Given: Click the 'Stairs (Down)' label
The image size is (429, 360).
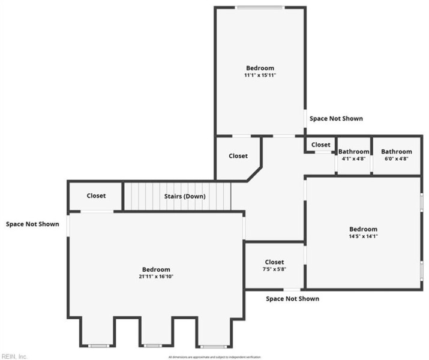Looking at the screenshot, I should (x=185, y=196).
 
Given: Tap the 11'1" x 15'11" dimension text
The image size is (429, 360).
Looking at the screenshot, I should (x=260, y=76).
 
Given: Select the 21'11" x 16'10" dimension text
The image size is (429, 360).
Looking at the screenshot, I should (x=156, y=277).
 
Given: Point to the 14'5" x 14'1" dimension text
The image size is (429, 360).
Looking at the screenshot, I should (x=364, y=236).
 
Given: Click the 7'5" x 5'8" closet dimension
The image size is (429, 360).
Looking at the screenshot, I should (x=274, y=269).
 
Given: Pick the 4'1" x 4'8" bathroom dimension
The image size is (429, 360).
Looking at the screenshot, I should (x=353, y=158).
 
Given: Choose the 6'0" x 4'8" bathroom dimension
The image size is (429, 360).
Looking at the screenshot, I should (x=396, y=158).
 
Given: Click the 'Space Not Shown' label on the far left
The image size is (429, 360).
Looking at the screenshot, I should (x=32, y=224).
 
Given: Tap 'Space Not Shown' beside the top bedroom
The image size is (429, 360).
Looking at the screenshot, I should (x=336, y=119).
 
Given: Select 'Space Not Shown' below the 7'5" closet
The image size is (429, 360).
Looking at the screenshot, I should (x=292, y=299).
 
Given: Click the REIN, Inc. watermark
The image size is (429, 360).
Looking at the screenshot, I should (x=14, y=356).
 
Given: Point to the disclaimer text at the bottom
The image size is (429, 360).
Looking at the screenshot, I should (x=215, y=357).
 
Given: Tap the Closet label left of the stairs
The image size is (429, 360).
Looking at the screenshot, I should (x=96, y=196).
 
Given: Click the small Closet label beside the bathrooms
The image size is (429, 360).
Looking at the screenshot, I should (x=320, y=145).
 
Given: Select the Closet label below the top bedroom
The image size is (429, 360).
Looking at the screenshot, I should (x=238, y=156).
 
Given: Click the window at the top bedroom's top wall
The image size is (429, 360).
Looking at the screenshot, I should (x=260, y=8).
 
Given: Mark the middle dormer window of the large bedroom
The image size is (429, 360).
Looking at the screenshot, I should (x=153, y=346).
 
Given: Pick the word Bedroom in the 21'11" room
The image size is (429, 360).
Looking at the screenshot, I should (x=156, y=269).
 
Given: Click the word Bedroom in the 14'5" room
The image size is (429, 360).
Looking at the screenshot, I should (x=364, y=229).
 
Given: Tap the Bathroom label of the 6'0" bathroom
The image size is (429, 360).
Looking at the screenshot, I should (x=396, y=152).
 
